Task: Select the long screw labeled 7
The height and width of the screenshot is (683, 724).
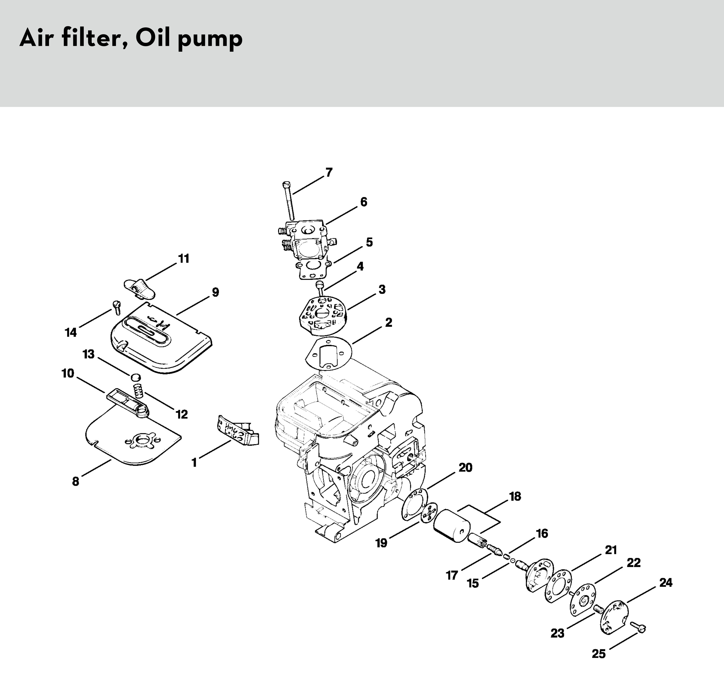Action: [x=289, y=201]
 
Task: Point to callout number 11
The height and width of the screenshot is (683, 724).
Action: [x=184, y=259]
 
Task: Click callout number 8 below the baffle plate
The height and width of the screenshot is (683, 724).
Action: [x=75, y=481]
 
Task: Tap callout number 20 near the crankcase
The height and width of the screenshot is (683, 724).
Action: [x=465, y=467]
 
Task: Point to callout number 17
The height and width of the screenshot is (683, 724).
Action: [x=452, y=575]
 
